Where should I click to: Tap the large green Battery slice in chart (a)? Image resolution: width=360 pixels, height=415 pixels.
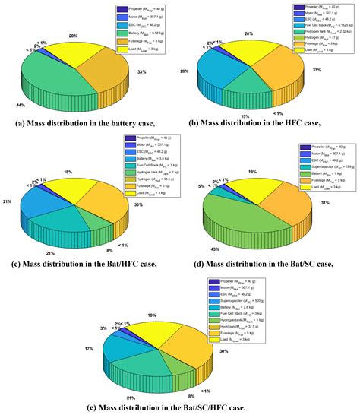[x=53, y=80]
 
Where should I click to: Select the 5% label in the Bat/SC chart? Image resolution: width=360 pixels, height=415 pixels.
[x=201, y=185]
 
